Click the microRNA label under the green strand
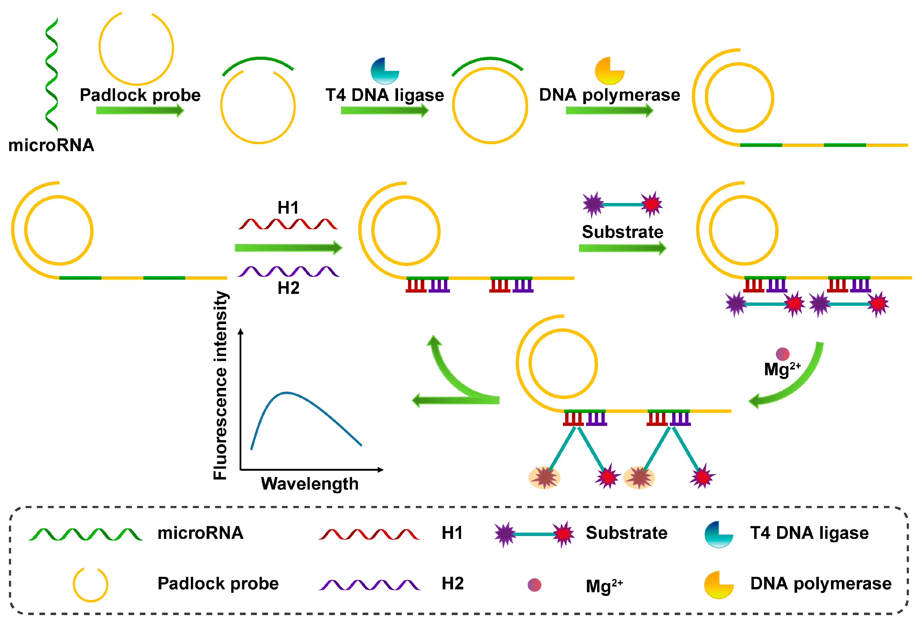pyautogui.click(x=51, y=145)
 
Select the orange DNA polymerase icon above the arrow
pyautogui.click(x=609, y=71)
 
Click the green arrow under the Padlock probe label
pyautogui.click(x=140, y=110)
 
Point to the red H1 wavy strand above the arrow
pyautogui.click(x=288, y=224)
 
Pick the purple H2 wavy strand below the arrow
pyautogui.click(x=288, y=271)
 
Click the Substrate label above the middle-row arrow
pyautogui.click(x=622, y=232)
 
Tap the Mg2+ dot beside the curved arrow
pyautogui.click(x=782, y=354)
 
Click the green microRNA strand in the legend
pyautogui.click(x=85, y=534)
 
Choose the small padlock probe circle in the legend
pyautogui.click(x=90, y=585)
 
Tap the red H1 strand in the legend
pyautogui.click(x=369, y=534)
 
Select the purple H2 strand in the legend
pyautogui.click(x=369, y=585)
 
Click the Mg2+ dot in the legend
pyautogui.click(x=534, y=585)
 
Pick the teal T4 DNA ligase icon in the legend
pyautogui.click(x=718, y=534)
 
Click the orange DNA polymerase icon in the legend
pyautogui.click(x=718, y=585)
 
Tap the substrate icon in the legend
pyautogui.click(x=534, y=534)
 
